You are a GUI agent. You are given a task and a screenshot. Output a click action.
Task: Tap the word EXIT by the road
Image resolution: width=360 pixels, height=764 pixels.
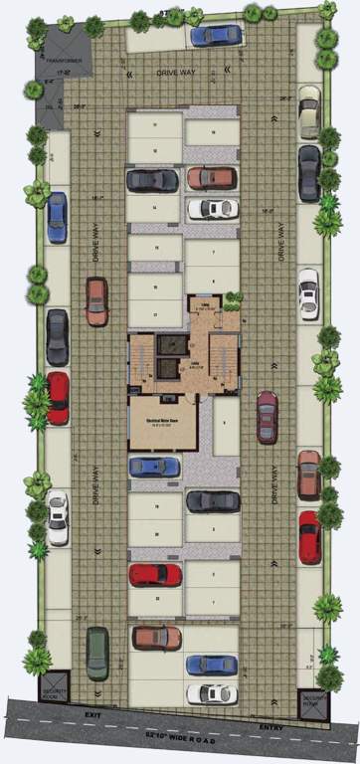pyautogui.click(x=93, y=714)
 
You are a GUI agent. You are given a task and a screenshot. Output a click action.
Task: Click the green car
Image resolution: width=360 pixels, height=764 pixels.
pyautogui.click(x=96, y=652)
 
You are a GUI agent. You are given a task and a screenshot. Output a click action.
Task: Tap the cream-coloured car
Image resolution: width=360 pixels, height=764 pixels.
pyautogui.click(x=308, y=111)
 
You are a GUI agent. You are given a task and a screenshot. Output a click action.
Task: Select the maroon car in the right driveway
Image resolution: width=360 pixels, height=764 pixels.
pyautogui.click(x=267, y=417)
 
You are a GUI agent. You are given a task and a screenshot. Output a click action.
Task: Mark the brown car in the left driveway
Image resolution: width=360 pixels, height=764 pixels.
pyautogui.click(x=96, y=301)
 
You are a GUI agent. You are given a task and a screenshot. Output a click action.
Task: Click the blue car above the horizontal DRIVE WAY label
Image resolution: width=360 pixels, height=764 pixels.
pyautogui.click(x=215, y=36)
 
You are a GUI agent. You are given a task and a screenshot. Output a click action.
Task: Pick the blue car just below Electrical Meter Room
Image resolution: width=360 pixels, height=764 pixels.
pyautogui.click(x=153, y=466)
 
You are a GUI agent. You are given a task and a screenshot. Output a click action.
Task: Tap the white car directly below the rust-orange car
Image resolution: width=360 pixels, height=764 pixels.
pyautogui.click(x=213, y=209)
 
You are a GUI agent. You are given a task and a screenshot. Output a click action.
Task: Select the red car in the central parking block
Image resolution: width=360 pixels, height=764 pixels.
pyautogui.click(x=155, y=574)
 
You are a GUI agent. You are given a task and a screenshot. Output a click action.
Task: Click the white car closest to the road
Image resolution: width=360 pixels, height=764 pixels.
pyautogui.click(x=212, y=693)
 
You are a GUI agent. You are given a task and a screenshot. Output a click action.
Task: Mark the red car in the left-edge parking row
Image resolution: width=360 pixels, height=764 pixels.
pyautogui.click(x=58, y=398)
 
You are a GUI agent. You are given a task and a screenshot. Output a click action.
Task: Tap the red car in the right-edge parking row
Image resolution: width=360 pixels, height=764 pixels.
pyautogui.click(x=310, y=537)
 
